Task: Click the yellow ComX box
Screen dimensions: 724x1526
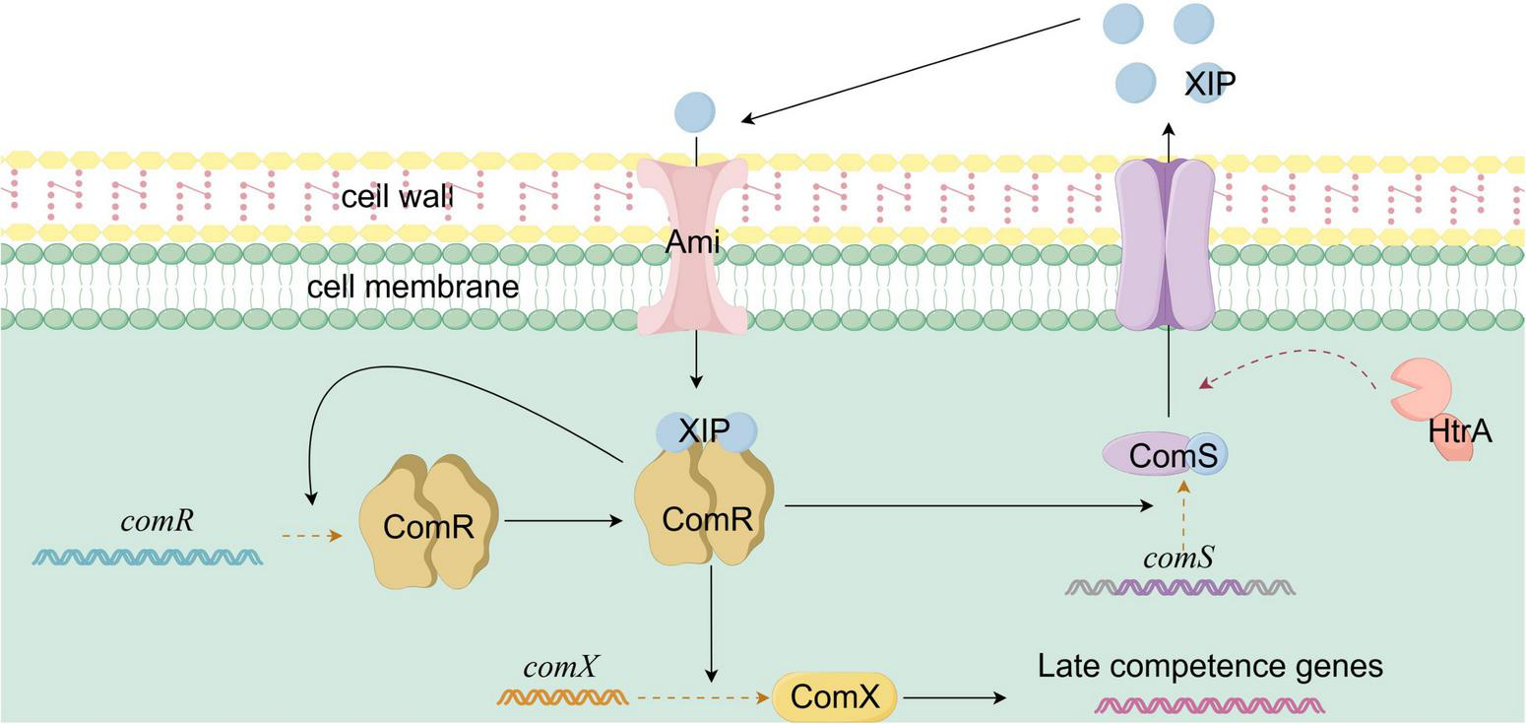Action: pos(835,697)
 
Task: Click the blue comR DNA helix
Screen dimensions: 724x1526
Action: pos(148,557)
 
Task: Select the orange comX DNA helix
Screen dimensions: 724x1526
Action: pos(562,697)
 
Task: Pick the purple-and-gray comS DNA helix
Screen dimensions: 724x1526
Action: pos(1179,588)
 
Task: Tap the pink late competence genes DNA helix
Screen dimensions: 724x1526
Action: pos(1210,705)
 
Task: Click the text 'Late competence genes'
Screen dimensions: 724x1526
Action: pos(1210,667)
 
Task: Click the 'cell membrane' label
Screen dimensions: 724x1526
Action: pos(413,288)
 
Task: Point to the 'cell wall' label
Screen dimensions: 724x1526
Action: pos(396,197)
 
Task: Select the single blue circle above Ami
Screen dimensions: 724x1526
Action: pos(695,112)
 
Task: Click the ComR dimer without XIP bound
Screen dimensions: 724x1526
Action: pos(429,523)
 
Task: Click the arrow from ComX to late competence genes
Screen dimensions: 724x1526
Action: pos(954,697)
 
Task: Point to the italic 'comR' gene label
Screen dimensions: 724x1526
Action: pos(157,521)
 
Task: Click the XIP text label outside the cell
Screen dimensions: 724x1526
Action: pos(1209,85)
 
